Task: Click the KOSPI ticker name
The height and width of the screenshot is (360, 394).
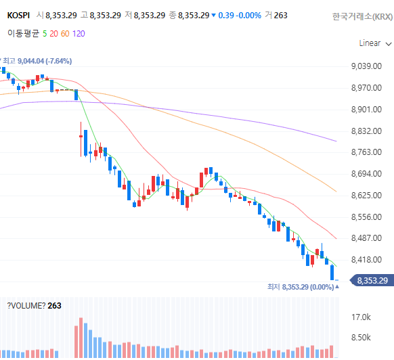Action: (18, 16)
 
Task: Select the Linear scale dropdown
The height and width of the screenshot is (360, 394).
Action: (375, 43)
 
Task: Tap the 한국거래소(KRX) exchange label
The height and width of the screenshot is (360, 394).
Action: (362, 17)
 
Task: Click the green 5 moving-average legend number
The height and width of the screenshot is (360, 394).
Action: (45, 34)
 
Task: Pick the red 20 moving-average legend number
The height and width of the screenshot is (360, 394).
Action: (53, 34)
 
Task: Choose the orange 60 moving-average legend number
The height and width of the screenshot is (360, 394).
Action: (65, 34)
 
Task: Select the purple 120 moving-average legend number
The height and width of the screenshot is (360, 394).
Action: (79, 34)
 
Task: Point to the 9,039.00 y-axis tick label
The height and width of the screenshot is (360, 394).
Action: (366, 66)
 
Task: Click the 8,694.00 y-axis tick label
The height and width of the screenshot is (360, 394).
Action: (366, 174)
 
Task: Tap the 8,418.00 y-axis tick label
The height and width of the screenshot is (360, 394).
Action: (366, 260)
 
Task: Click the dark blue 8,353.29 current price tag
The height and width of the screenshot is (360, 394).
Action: (372, 280)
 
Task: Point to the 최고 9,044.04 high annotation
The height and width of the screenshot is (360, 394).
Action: (37, 61)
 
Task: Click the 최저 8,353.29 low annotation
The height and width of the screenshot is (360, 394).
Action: (301, 287)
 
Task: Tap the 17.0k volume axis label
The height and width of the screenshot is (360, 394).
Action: (361, 317)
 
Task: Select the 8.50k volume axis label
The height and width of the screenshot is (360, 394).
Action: (361, 338)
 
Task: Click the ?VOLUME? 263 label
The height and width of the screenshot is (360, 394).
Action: (34, 306)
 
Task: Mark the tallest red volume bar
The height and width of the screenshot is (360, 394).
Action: (81, 338)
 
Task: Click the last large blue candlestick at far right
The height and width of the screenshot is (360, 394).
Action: (332, 272)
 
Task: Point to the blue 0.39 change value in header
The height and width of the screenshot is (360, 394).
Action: (226, 16)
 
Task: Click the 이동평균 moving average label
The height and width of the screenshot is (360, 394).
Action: (24, 33)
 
